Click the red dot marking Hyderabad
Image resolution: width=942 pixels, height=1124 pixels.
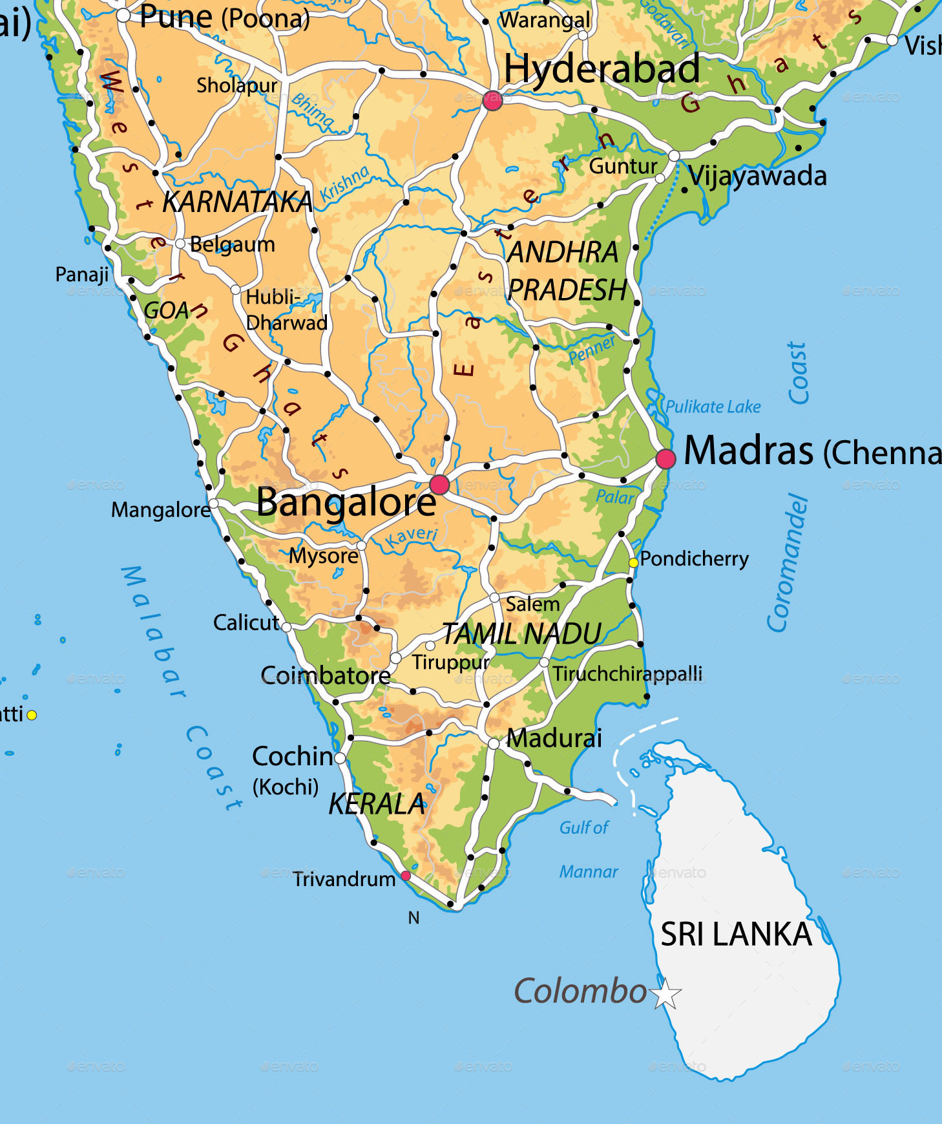coord(492,101)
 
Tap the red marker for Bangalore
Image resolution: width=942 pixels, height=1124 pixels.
coord(439,484)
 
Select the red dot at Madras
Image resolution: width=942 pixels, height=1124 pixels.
coord(665,459)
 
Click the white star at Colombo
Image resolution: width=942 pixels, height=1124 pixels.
coord(666,994)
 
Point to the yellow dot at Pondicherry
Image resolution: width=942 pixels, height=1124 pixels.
coord(633,563)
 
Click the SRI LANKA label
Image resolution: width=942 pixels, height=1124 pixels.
coord(736,935)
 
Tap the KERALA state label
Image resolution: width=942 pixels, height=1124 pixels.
coord(377,804)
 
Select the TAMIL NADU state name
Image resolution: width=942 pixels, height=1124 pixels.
coord(522,634)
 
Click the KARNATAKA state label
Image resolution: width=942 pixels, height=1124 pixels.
coord(237,202)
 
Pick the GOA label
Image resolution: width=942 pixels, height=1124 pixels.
coord(167,311)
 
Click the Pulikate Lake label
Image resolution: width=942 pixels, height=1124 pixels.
coord(713,407)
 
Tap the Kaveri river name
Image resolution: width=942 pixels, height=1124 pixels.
coord(412,536)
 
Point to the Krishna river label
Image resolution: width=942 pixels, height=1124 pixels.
coord(345,183)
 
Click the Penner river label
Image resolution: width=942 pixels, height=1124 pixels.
coord(592,350)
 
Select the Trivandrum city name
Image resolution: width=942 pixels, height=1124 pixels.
coord(344,879)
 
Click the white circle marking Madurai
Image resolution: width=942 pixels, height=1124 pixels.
coord(494,744)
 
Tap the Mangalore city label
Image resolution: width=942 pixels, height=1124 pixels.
coord(161,510)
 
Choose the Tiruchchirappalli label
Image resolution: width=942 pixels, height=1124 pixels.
coord(627,673)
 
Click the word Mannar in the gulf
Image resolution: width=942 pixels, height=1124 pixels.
coord(589,872)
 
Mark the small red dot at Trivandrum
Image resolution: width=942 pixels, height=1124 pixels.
coord(406,875)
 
